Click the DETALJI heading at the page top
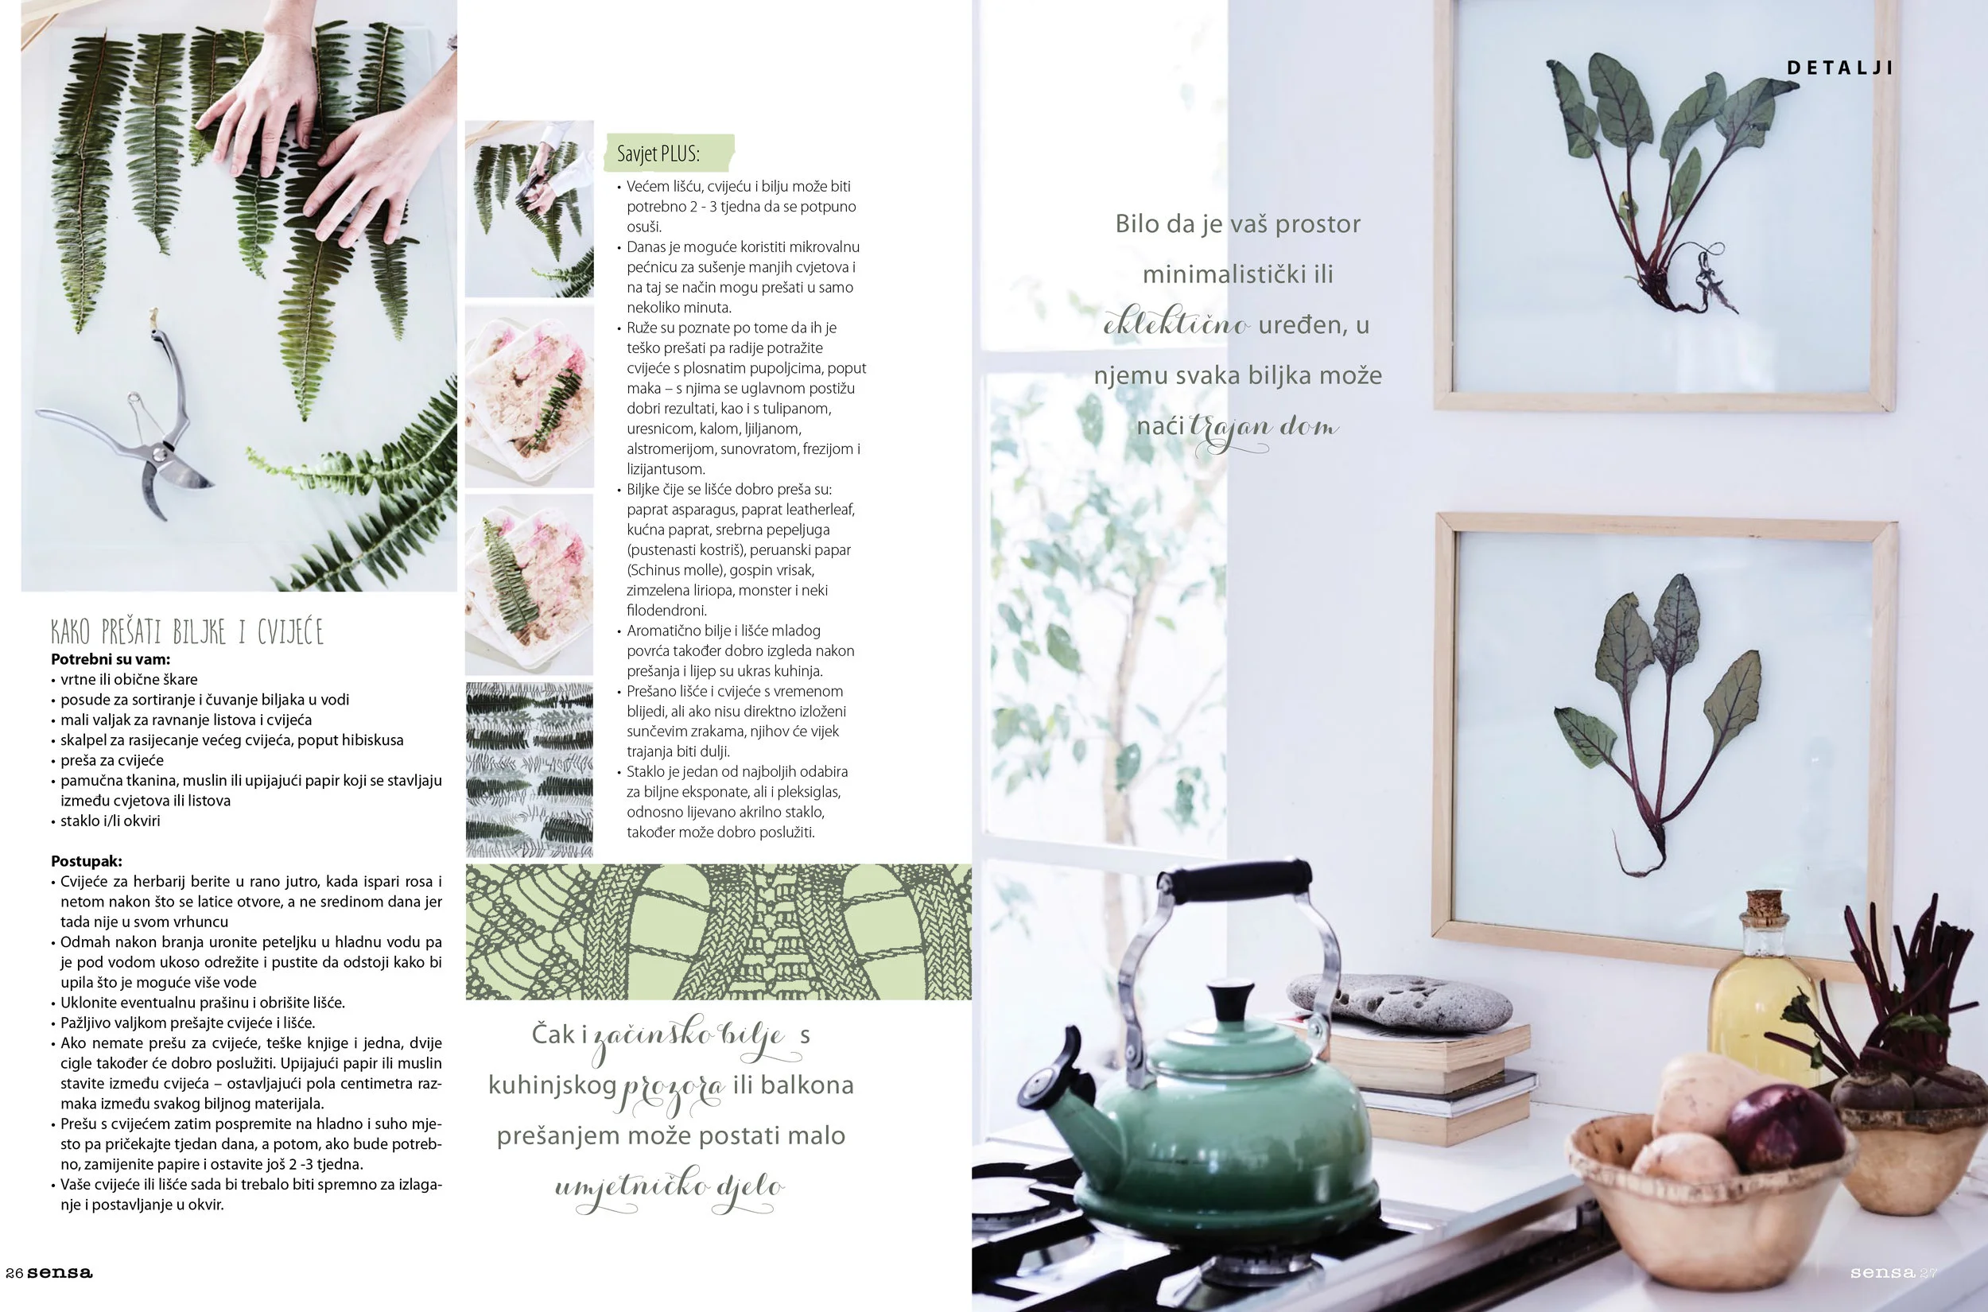coord(1839,68)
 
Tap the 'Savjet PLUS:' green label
coord(669,153)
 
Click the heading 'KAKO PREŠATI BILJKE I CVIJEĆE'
coord(187,631)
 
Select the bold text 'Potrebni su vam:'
coord(111,659)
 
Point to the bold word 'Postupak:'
coord(86,861)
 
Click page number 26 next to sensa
coord(14,1273)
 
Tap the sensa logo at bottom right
coord(1882,1273)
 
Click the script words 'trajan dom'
coord(1264,429)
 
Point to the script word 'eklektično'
coord(1176,322)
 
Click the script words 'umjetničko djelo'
coord(670,1189)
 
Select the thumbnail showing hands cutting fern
coord(530,209)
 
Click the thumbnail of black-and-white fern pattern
coord(530,770)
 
